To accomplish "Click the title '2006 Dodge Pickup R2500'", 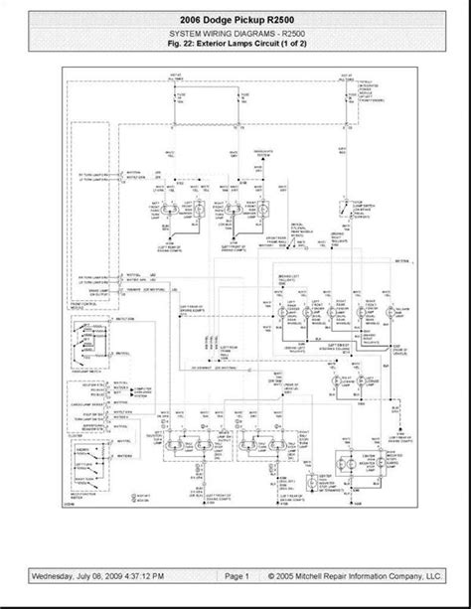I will pyautogui.click(x=235, y=19).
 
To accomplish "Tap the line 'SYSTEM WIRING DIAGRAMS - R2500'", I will pyautogui.click(x=235, y=34).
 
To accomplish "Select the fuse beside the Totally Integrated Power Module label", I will pyautogui.click(x=346, y=98).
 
